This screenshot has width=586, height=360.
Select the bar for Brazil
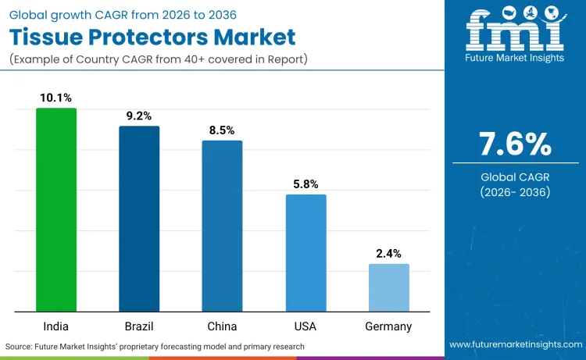139,219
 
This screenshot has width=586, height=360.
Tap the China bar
222,226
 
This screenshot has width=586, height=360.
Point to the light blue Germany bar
388,287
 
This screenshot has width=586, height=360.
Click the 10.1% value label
56,98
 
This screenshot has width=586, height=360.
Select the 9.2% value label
139,116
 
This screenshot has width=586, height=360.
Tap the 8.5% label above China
222,130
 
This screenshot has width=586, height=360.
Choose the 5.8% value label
306,184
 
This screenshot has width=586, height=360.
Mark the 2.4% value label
388,253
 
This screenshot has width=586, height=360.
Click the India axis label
56,326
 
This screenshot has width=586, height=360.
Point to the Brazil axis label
139,326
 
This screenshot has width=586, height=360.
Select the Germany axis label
388,326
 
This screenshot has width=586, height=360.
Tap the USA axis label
306,326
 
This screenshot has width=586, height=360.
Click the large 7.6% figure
515,144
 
